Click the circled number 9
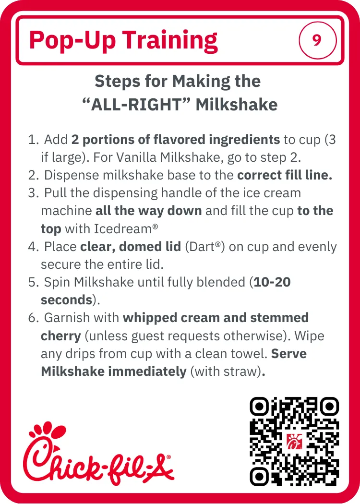click(318, 40)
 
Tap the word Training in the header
click(170, 41)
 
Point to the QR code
click(294, 442)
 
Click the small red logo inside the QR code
click(294, 441)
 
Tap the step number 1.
click(33, 140)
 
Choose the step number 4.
click(33, 247)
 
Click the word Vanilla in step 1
click(137, 157)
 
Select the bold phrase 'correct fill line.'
click(285, 175)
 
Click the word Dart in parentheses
click(202, 247)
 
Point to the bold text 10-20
click(272, 282)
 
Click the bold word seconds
click(67, 300)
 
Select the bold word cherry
click(61, 336)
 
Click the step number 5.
click(33, 283)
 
